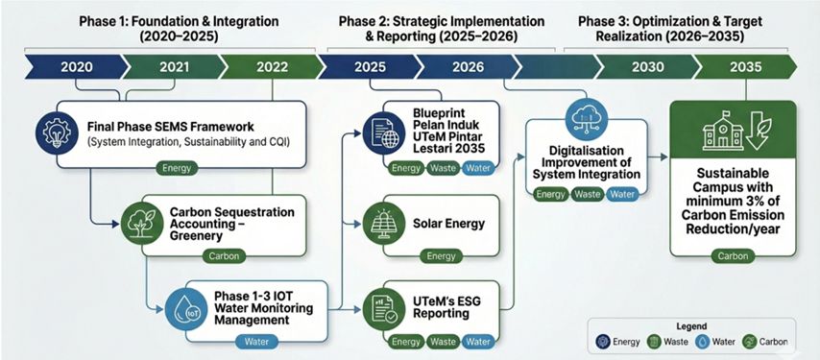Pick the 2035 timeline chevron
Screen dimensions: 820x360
point(746,67)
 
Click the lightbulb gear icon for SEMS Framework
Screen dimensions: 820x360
point(54,133)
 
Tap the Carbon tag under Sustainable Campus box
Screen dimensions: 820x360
point(733,256)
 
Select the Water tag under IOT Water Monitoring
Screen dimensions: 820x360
point(256,342)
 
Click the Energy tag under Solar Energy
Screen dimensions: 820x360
point(441,256)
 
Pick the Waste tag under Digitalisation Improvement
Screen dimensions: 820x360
point(588,194)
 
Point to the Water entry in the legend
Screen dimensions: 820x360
point(715,342)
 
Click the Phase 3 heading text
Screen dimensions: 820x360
point(670,29)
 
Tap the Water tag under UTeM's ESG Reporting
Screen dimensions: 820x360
point(477,342)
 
